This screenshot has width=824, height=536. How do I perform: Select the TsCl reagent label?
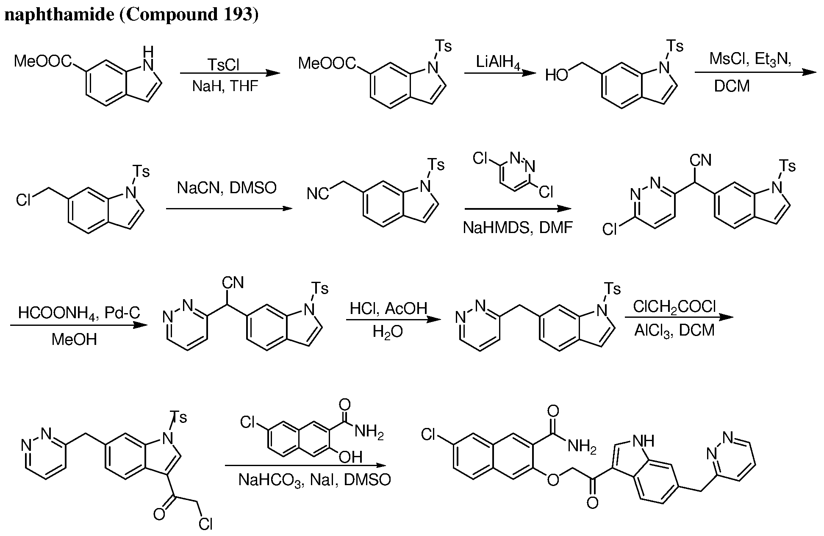pos(223,65)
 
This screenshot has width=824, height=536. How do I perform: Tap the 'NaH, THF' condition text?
pos(225,86)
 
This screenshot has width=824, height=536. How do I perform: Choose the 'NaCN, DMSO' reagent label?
pos(227,188)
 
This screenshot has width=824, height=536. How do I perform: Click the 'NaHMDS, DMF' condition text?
pos(518,228)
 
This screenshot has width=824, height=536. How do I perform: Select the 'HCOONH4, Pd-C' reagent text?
pos(79,314)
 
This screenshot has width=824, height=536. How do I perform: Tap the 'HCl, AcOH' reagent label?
pos(388,308)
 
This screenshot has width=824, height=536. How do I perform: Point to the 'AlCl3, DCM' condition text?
pos(674,330)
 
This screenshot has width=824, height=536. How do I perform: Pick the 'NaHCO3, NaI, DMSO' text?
pos(314,480)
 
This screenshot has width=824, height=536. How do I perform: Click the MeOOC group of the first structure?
pos(43,61)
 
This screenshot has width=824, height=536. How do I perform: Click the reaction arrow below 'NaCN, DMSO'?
pos(229,208)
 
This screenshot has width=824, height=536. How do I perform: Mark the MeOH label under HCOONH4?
pos(74,339)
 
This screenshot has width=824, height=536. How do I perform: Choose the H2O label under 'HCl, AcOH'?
pos(388,332)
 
